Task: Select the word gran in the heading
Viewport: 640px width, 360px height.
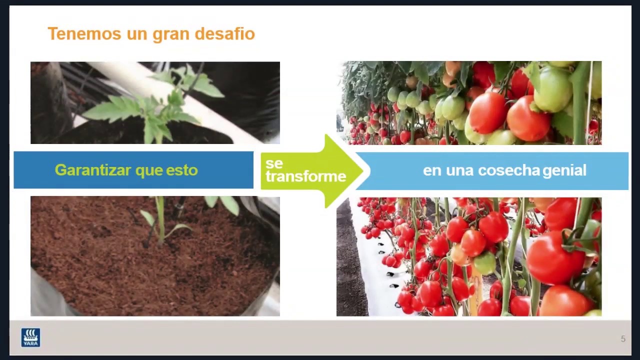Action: coord(171,34)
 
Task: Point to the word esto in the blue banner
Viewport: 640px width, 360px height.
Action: coord(182,170)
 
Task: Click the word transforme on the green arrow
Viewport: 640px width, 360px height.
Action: coord(305,176)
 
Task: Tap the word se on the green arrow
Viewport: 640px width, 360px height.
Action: coord(274,164)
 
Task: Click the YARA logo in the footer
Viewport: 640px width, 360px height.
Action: coord(30,337)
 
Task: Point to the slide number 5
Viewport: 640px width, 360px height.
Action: coord(623,339)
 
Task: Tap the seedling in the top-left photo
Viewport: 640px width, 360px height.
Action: coord(155,110)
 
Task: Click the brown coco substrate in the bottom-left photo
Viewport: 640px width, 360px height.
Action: coord(100,265)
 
